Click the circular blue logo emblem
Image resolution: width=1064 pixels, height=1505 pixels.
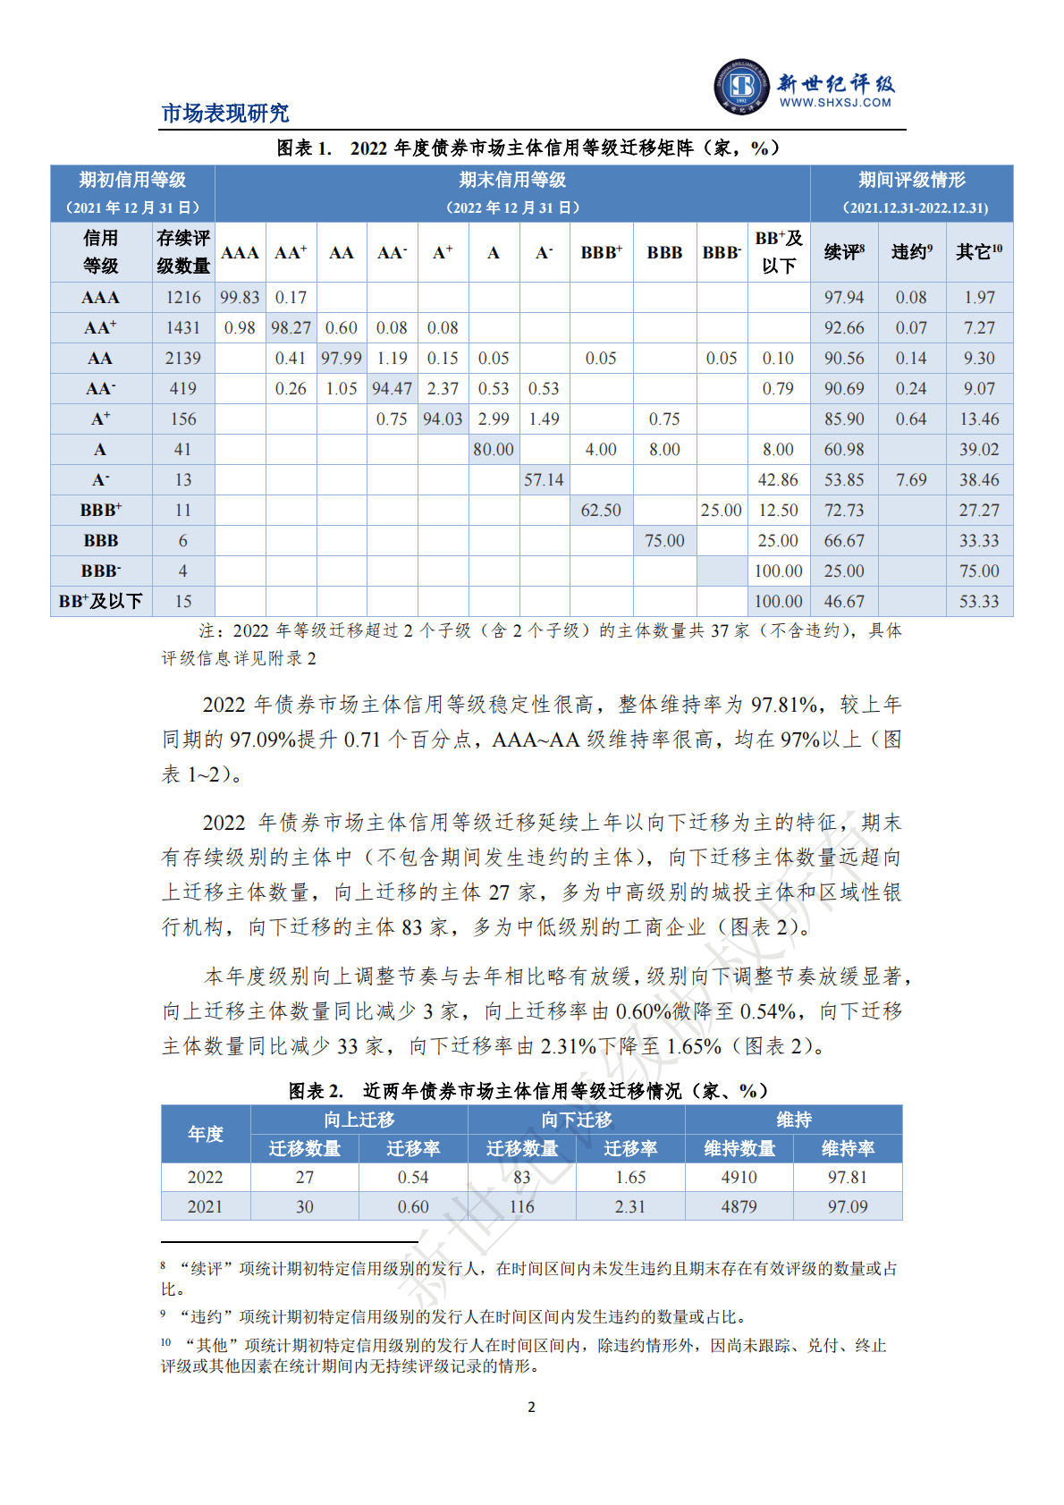(741, 87)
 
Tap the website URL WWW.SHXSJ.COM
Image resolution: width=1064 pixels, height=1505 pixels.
(835, 103)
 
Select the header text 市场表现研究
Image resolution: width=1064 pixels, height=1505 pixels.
(225, 114)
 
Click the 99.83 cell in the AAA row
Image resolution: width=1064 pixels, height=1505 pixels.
(240, 298)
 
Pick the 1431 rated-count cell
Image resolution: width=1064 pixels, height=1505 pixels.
(183, 328)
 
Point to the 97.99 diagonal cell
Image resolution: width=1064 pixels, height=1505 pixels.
(342, 359)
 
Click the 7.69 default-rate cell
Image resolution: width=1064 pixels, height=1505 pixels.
(911, 480)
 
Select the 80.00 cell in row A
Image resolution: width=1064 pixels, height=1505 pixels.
(494, 450)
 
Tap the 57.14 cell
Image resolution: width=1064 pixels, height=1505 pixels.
(544, 480)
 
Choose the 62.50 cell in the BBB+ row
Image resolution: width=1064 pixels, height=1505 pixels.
(601, 511)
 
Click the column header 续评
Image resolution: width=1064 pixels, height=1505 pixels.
(843, 252)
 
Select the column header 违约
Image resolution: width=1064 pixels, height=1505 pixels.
(911, 252)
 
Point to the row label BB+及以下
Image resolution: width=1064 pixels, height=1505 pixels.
(101, 602)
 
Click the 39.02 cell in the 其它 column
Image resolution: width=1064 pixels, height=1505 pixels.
(979, 450)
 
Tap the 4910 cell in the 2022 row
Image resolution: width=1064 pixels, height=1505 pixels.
(739, 1178)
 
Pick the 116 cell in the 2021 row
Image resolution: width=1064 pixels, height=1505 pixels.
(522, 1207)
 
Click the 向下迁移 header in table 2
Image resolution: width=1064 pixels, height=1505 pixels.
(577, 1120)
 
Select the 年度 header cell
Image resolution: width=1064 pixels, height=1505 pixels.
(206, 1134)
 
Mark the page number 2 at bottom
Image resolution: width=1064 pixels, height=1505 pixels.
(532, 1408)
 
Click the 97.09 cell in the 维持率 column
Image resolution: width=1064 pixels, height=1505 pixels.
(848, 1207)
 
